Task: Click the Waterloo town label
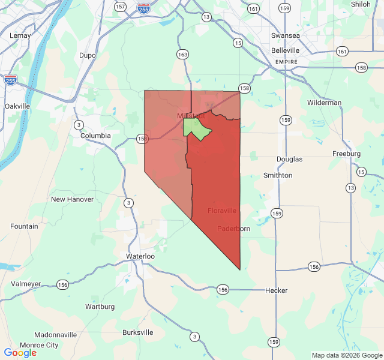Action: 140,256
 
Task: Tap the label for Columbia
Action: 96,136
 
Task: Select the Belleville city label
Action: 285,51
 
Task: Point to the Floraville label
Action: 222,211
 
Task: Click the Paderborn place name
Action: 233,229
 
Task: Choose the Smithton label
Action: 278,175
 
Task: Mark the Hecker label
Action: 277,290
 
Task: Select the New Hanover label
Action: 72,199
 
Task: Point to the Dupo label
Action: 88,55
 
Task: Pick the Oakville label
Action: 17,106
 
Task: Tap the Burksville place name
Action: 137,332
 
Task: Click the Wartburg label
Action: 100,307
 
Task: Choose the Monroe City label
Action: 40,345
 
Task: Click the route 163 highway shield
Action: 182,54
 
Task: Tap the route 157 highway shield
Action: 120,7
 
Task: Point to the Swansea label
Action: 285,35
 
